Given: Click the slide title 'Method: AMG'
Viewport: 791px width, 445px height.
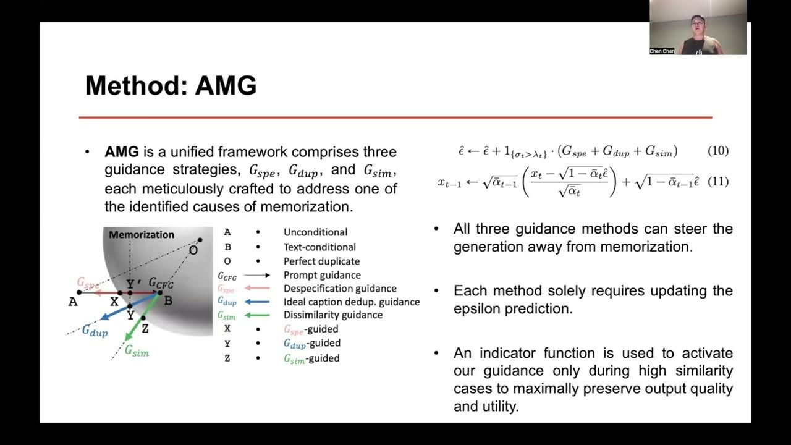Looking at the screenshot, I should point(171,85).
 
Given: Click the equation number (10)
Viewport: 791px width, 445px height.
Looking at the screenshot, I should point(717,151).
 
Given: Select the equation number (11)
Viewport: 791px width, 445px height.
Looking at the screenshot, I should point(717,182).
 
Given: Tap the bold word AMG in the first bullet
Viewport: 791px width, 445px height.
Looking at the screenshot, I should point(121,152).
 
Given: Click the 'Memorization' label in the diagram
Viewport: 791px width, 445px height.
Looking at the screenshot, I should point(142,235).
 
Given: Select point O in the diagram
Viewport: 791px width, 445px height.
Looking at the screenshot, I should point(193,250).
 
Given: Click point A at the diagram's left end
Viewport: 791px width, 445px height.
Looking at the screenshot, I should point(74,302).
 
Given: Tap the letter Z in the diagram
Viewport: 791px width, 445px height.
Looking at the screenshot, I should point(145,329).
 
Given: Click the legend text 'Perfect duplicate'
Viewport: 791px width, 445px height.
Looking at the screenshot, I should point(321,261).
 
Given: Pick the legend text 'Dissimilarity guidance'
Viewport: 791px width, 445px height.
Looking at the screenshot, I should point(333,315).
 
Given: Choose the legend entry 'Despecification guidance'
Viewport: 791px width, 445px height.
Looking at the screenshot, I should point(340,289).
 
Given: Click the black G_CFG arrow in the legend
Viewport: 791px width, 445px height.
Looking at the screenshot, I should point(257,275).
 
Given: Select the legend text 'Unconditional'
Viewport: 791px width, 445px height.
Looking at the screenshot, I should point(315,232).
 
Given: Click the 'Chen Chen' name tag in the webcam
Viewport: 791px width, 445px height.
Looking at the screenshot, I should point(662,51).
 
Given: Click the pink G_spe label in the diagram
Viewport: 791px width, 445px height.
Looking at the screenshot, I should point(88,282).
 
